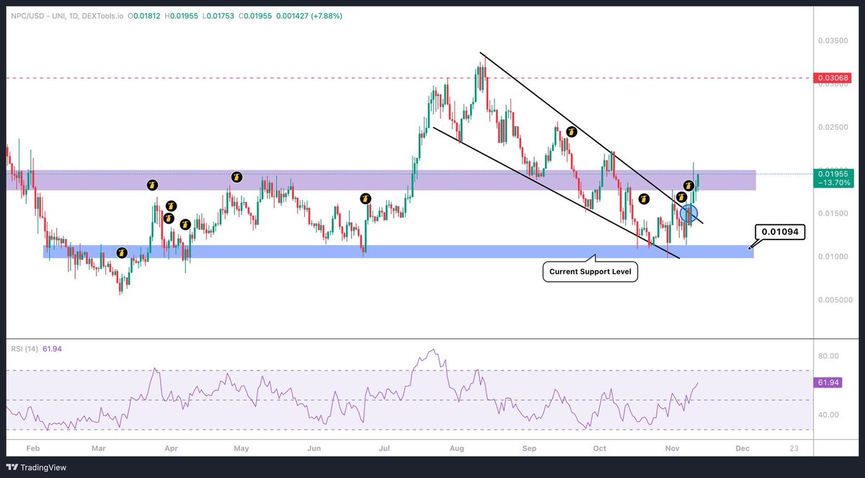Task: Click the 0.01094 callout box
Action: click(781, 232)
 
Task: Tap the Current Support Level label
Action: click(590, 273)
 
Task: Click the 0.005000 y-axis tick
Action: click(832, 299)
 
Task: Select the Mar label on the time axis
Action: click(99, 448)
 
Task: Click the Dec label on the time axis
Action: click(740, 448)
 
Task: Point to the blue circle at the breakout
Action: click(689, 213)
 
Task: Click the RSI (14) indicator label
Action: click(25, 348)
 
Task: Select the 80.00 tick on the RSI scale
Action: click(830, 355)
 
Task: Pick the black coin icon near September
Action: click(572, 132)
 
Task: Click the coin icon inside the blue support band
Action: click(122, 252)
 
